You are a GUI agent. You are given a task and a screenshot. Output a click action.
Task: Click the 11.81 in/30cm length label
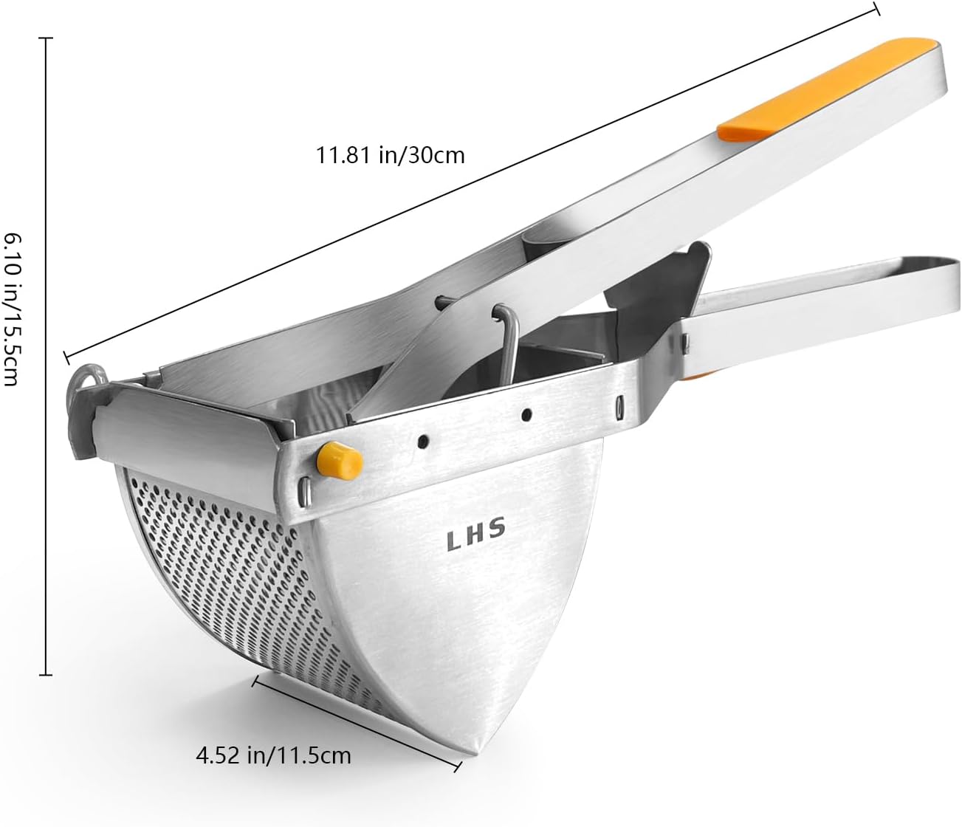click(x=391, y=156)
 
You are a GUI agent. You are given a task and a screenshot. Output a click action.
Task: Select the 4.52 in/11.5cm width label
click(x=273, y=755)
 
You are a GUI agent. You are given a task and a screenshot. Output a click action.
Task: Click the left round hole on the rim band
click(x=422, y=441)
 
